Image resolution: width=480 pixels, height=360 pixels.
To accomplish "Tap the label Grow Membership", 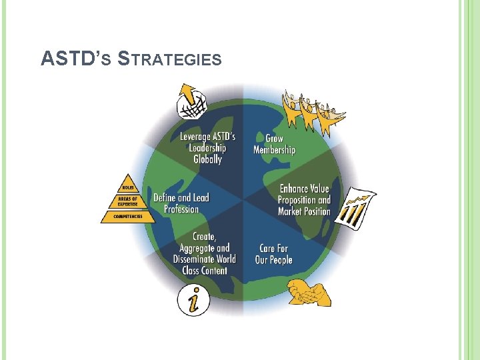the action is [x=274, y=144].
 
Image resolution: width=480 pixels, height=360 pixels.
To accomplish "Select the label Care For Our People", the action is [x=273, y=254].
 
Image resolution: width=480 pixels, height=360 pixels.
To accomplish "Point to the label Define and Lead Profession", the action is [x=181, y=203].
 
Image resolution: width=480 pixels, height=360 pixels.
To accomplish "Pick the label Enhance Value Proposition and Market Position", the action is [x=304, y=200].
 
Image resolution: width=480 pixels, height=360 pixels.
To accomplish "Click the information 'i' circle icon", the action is [x=193, y=299].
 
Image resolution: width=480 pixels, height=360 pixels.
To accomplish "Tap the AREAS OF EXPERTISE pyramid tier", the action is [x=127, y=202].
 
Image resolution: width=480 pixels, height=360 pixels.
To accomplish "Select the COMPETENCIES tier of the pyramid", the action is [x=127, y=217].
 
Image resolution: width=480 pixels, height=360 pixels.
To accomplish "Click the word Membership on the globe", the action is [x=274, y=150].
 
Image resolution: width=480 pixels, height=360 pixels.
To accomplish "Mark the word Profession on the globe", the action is [x=181, y=209].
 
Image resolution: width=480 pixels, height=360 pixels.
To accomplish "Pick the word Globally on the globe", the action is [x=207, y=159].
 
